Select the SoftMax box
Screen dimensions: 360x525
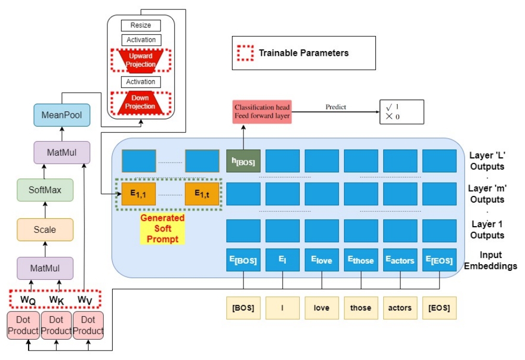pyautogui.click(x=45, y=190)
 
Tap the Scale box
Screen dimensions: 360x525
pyautogui.click(x=45, y=230)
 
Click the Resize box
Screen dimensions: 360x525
pyautogui.click(x=140, y=25)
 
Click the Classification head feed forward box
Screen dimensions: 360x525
pyautogui.click(x=262, y=111)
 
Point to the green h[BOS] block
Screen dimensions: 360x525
pyautogui.click(x=243, y=161)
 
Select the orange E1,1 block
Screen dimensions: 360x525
pyautogui.click(x=139, y=194)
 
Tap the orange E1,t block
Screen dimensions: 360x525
pyautogui.click(x=202, y=194)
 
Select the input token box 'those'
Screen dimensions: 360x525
pyautogui.click(x=361, y=307)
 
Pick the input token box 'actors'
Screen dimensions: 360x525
pyautogui.click(x=400, y=307)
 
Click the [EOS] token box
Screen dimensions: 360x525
pyautogui.click(x=439, y=307)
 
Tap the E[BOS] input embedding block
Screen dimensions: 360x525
pyautogui.click(x=243, y=260)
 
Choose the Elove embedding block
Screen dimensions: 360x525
pyautogui.click(x=322, y=260)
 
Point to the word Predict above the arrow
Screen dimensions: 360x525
pyautogui.click(x=336, y=107)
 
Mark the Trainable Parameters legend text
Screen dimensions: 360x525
pyautogui.click(x=303, y=53)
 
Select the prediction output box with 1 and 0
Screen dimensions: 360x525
pyautogui.click(x=401, y=111)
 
